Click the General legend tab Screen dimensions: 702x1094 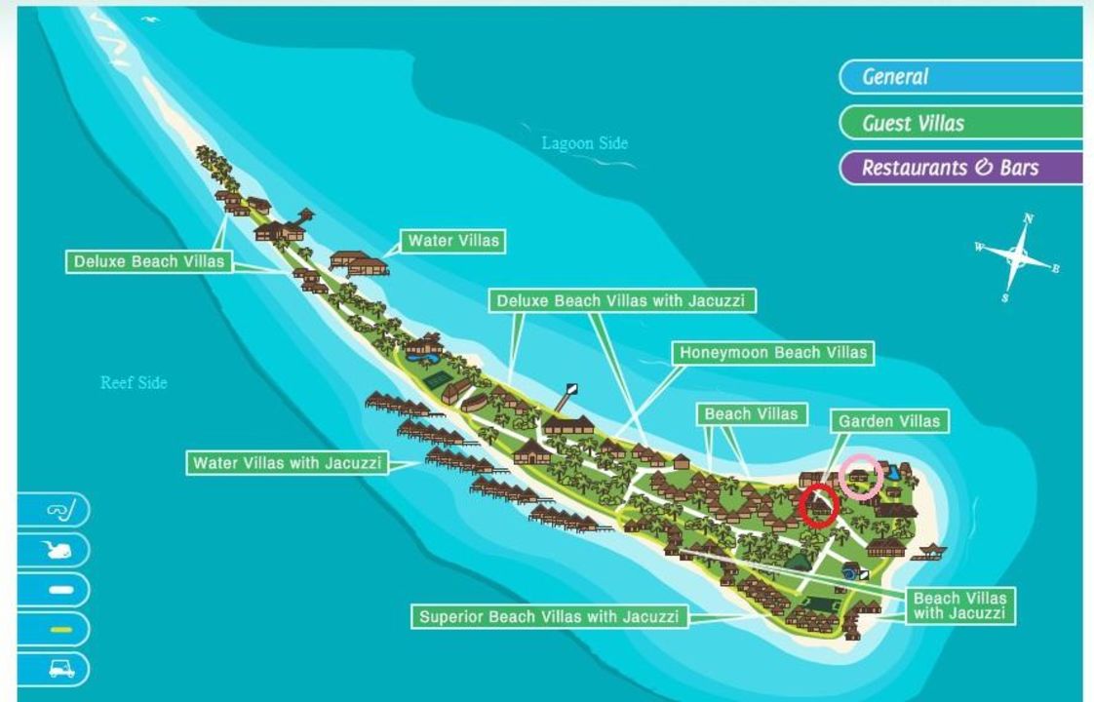coord(960,77)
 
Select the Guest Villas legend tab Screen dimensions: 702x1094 coord(960,123)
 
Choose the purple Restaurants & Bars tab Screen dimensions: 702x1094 coord(960,168)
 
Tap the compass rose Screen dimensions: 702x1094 coord(1017,256)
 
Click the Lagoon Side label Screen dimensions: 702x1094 coord(585,143)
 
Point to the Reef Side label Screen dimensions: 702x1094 coord(134,382)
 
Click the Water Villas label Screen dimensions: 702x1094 coord(453,241)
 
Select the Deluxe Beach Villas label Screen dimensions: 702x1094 coord(149,261)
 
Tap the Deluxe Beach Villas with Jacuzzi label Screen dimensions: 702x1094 coord(620,300)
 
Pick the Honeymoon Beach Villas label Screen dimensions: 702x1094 coord(773,352)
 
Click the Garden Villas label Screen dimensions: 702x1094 coord(889,421)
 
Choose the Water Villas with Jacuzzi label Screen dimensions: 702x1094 coord(288,462)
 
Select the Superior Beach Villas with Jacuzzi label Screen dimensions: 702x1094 coord(549,616)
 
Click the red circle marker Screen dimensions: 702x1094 coord(819,506)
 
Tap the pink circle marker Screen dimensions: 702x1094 coord(862,476)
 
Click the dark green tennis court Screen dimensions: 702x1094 coord(438,378)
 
